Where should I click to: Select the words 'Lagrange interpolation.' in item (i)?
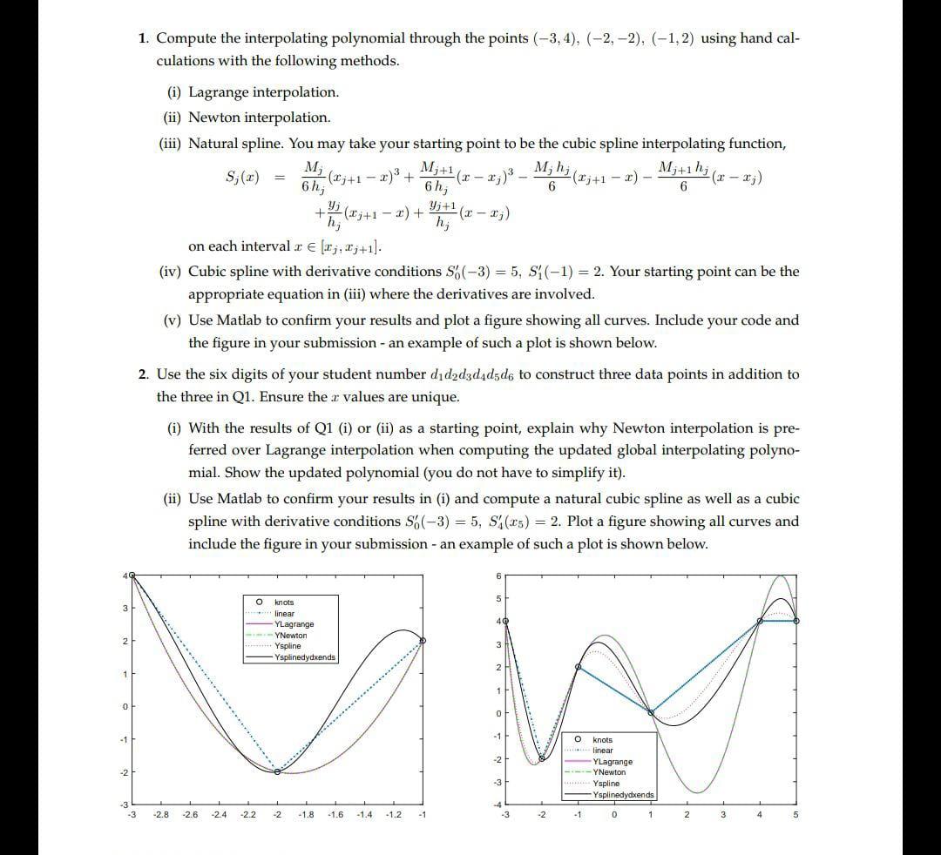pyautogui.click(x=263, y=92)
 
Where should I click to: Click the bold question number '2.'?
pyautogui.click(x=145, y=374)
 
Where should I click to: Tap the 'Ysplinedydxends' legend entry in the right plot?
pyautogui.click(x=623, y=794)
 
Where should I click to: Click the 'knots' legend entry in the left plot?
pyautogui.click(x=284, y=603)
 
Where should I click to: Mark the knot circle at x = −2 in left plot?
pyautogui.click(x=278, y=771)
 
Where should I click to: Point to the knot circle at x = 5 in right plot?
pyautogui.click(x=796, y=621)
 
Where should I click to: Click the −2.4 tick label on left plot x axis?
pyautogui.click(x=219, y=815)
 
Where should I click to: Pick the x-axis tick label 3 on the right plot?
pyautogui.click(x=723, y=815)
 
